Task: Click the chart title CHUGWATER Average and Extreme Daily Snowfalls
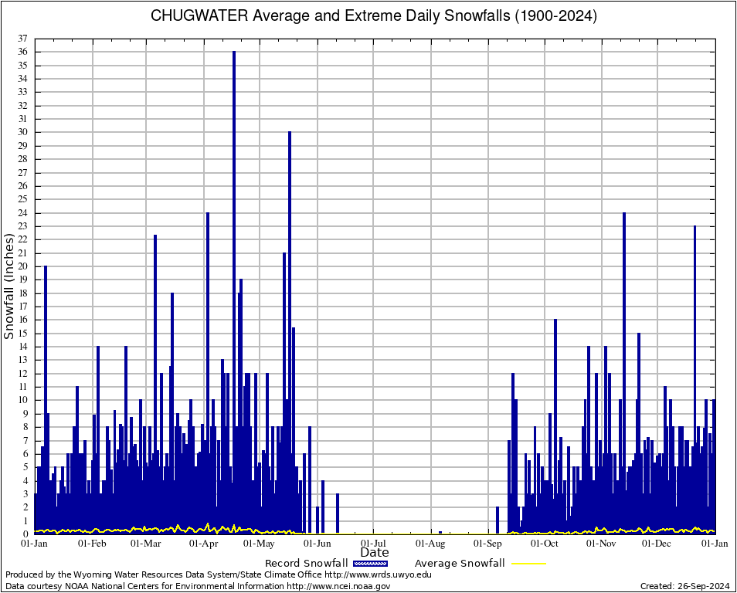pos(374,15)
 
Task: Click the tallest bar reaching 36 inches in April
pos(234,293)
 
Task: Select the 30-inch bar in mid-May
pos(290,332)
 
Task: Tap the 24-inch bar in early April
pos(207,371)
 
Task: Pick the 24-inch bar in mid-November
pos(624,371)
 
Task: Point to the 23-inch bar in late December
pos(695,378)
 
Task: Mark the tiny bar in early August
pos(440,532)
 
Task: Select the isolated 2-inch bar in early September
pos(497,520)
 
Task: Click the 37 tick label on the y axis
pos(23,39)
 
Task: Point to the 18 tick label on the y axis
pos(23,293)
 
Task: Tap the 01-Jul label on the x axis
pos(374,544)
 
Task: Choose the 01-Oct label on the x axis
pos(544,544)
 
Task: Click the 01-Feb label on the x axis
pos(92,544)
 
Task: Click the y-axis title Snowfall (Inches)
pos(9,286)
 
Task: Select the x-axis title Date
pos(375,553)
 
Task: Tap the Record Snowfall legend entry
pos(306,563)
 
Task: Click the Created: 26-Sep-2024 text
pos(685,586)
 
